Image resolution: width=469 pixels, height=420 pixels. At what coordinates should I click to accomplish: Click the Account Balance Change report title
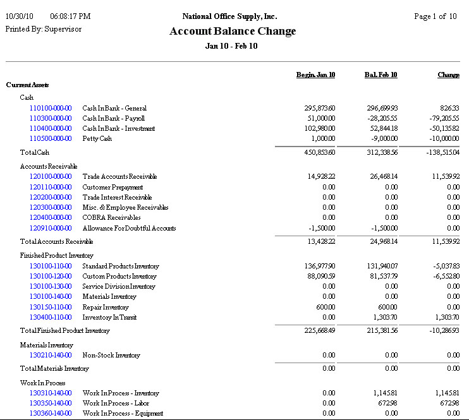tap(233, 32)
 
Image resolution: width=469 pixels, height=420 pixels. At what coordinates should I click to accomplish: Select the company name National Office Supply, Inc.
tap(229, 16)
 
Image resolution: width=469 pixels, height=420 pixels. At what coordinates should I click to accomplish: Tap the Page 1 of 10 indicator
tap(435, 16)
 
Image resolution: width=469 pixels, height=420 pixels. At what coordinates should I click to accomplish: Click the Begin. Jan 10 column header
tap(315, 75)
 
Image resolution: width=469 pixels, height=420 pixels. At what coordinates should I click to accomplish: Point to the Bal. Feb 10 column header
tap(381, 75)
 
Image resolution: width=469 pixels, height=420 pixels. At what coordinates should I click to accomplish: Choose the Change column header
tap(448, 75)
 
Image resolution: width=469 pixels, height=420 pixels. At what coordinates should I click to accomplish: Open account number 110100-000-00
tap(51, 109)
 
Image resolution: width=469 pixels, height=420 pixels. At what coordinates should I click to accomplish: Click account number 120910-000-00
tap(51, 229)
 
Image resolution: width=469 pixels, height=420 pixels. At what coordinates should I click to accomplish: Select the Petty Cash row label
tap(97, 139)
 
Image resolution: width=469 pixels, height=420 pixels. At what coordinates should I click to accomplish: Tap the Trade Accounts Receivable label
tap(119, 177)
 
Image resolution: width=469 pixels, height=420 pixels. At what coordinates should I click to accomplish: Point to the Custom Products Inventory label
tap(119, 277)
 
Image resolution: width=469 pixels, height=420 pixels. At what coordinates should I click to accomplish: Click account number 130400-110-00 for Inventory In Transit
tap(51, 318)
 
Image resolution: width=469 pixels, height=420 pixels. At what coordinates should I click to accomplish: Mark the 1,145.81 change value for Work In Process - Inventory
tap(443, 393)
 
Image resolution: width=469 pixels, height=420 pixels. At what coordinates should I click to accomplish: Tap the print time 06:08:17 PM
tap(70, 16)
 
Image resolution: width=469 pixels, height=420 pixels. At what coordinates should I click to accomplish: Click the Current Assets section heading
tap(28, 85)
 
